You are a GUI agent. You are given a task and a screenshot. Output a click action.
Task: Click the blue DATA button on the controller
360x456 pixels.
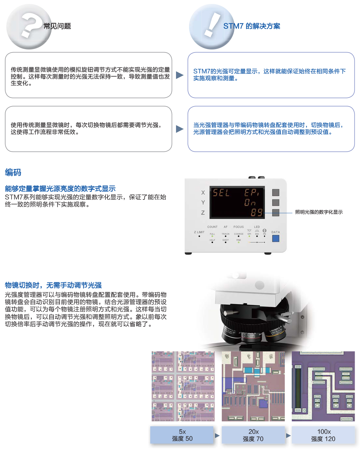pos(276,238)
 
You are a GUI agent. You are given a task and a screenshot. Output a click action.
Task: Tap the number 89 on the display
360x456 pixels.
pos(256,212)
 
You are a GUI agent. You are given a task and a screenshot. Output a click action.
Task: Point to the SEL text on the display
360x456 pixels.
pos(221,193)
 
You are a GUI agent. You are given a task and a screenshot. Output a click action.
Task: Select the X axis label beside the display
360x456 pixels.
pos(203,193)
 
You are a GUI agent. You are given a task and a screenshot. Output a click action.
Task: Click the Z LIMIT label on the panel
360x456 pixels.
pos(199,232)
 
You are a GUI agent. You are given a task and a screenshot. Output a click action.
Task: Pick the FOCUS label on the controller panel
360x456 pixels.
pos(239,227)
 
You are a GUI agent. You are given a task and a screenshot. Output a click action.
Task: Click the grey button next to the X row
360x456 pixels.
pos(276,193)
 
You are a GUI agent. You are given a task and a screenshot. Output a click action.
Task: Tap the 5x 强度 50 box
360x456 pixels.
pos(182,435)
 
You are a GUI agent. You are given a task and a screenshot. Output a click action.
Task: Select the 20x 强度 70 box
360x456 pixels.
pos(253,435)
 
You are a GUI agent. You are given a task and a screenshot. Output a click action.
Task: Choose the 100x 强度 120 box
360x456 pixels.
pos(323,435)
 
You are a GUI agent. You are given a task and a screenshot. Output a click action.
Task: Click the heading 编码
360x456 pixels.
pos(13,172)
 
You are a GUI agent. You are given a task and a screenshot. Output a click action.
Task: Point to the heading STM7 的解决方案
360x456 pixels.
pos(252,26)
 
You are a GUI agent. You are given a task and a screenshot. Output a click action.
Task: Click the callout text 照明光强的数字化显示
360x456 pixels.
pos(319,212)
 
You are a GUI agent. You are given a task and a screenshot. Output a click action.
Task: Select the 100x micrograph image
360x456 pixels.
pos(323,386)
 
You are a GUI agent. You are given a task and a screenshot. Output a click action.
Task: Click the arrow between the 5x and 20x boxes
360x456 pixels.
pos(217,436)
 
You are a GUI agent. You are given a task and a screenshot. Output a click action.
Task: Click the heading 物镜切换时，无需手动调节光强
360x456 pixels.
pos(53,285)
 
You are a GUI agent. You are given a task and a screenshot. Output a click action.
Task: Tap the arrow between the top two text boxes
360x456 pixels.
pos(180,75)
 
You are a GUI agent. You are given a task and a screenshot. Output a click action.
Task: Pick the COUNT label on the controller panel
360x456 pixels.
pos(212,227)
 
